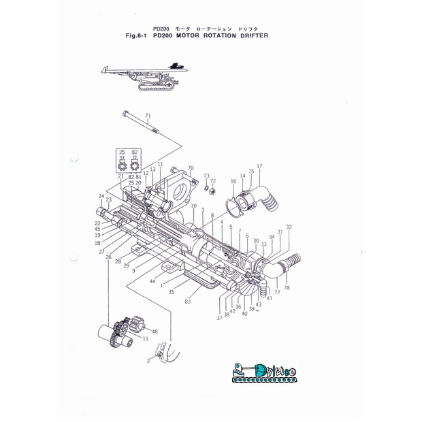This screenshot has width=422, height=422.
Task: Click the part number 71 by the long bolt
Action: click(148, 116)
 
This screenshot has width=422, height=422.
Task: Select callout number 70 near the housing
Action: click(191, 168)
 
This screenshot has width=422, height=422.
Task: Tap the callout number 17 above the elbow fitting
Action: click(259, 166)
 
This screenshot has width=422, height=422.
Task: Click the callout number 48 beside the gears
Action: click(155, 331)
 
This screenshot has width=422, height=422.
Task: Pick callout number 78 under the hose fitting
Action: click(287, 288)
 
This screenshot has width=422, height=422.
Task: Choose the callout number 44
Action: click(153, 281)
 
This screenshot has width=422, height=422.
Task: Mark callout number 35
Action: click(172, 291)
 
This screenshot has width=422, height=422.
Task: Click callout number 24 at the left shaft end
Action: click(101, 196)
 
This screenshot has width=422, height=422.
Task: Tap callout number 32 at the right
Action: click(289, 227)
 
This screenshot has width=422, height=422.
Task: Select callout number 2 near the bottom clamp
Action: click(148, 361)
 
